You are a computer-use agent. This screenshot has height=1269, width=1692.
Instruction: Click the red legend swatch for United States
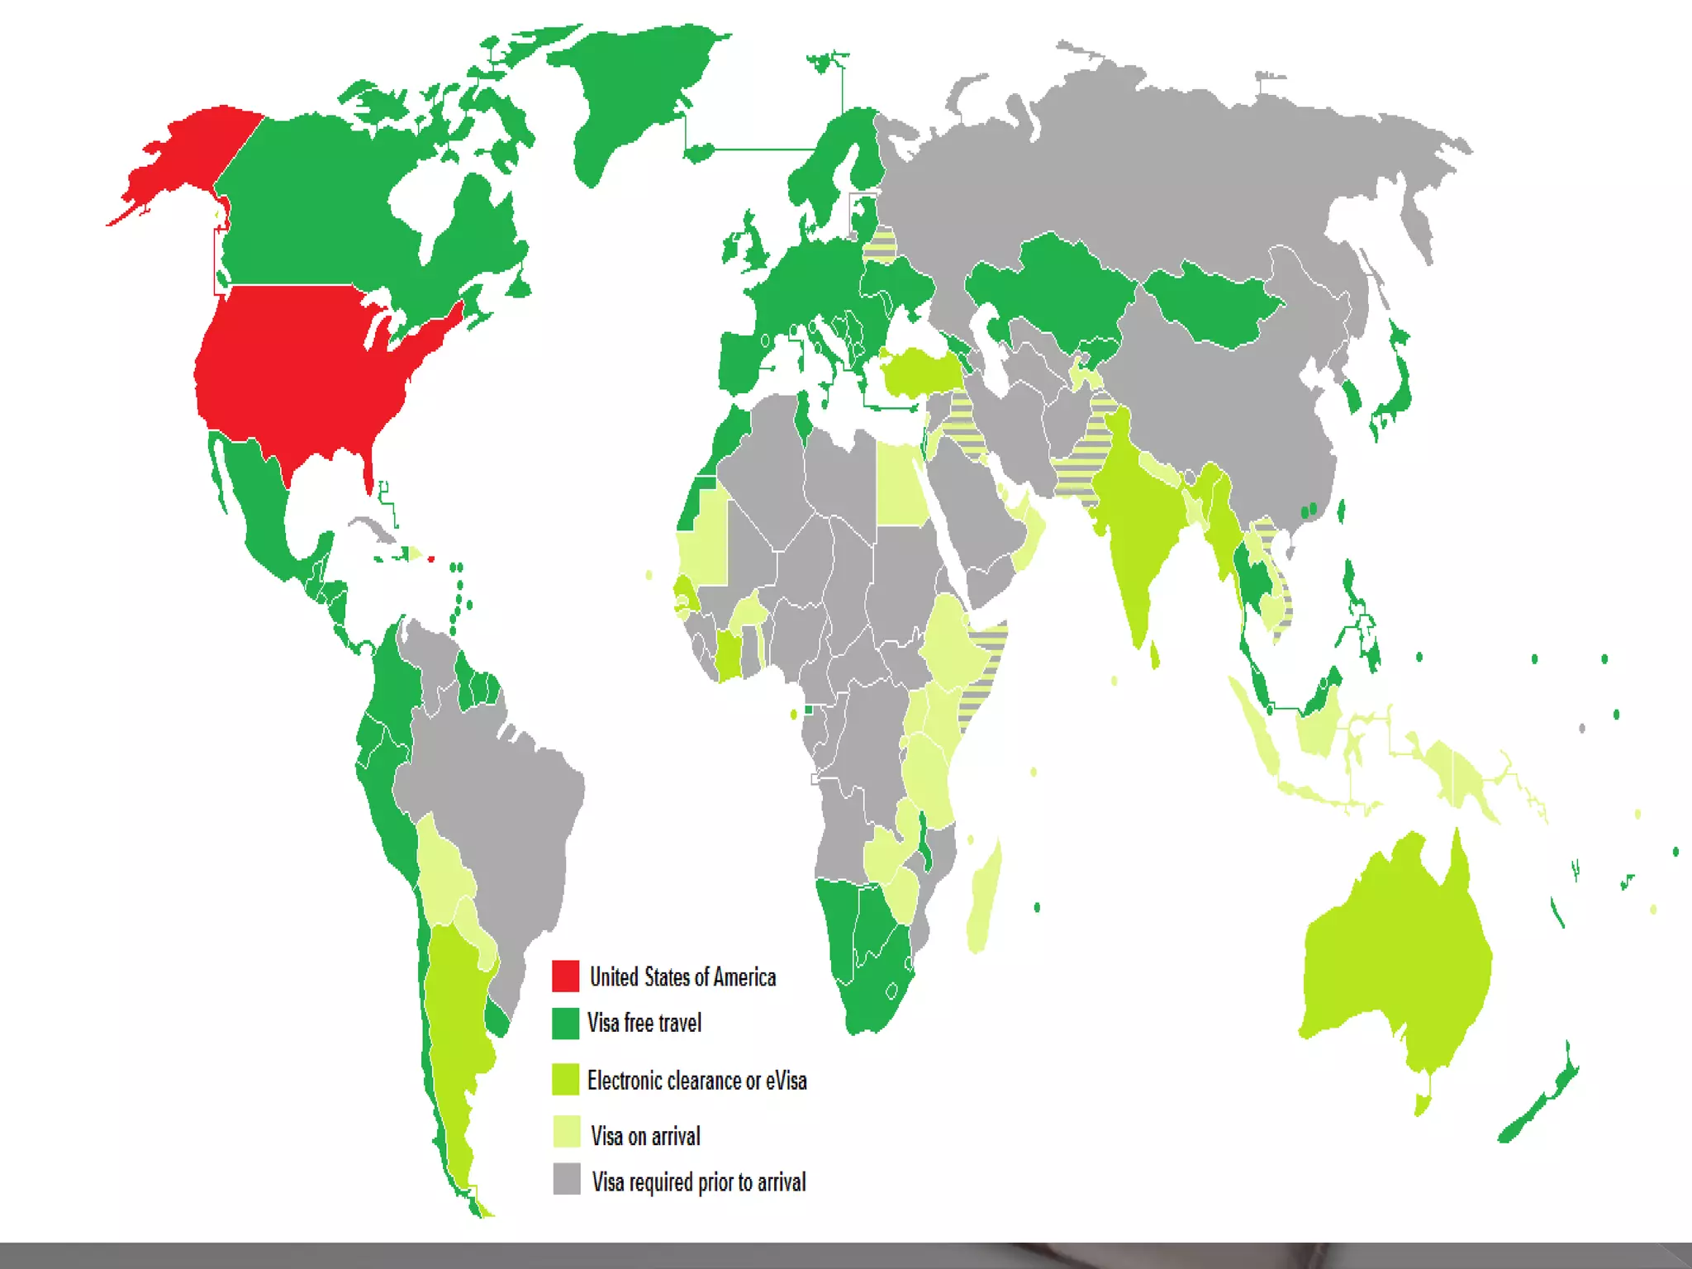coord(566,976)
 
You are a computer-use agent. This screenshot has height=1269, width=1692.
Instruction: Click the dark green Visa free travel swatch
coord(566,1024)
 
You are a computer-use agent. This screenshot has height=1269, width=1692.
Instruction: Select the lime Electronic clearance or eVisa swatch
coord(566,1080)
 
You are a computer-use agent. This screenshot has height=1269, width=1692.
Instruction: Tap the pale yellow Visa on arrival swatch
coord(567,1132)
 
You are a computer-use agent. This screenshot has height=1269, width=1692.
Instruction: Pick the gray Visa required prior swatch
coord(567,1179)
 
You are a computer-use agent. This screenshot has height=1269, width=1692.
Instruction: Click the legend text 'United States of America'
coord(682,977)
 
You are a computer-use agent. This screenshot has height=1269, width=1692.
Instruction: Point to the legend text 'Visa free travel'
coord(644,1024)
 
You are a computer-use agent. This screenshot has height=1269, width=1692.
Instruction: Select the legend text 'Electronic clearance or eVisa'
coord(696,1081)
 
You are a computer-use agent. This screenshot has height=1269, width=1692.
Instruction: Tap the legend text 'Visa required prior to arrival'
coord(699,1182)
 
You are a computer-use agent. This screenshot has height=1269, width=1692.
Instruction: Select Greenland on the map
coord(636,91)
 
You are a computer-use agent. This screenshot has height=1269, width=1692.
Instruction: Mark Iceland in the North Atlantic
coord(698,153)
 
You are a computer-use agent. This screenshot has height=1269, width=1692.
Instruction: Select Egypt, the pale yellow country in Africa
coord(901,487)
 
